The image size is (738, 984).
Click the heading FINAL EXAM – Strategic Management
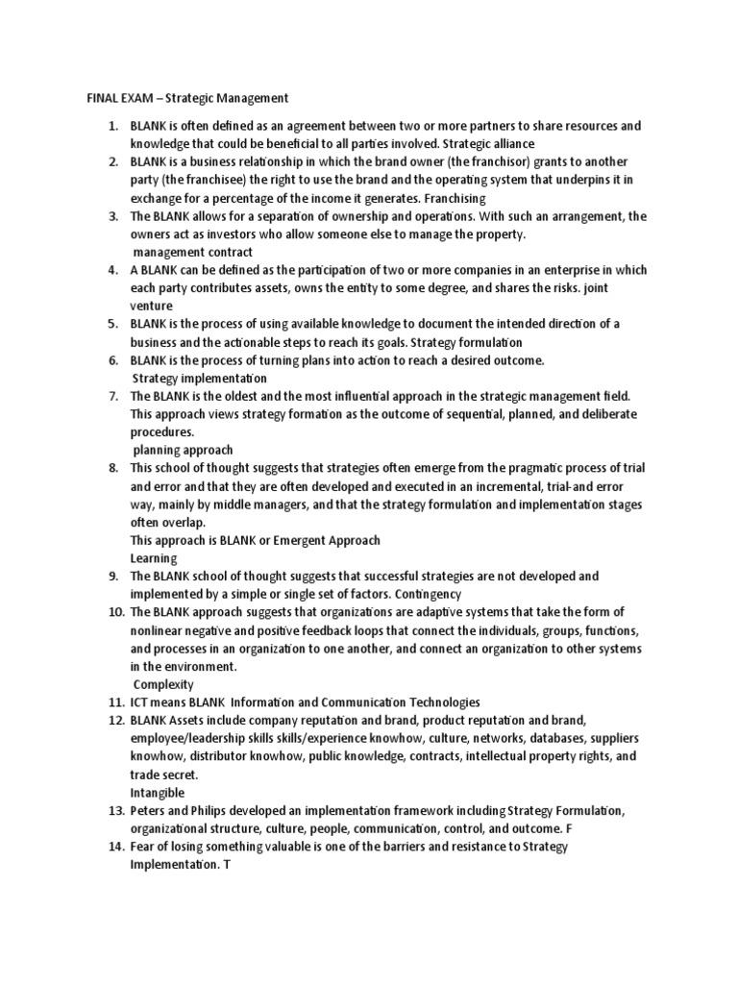click(183, 98)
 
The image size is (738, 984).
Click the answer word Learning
click(154, 557)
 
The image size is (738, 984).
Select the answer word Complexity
click(163, 684)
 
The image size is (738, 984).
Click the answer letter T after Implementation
click(227, 865)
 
